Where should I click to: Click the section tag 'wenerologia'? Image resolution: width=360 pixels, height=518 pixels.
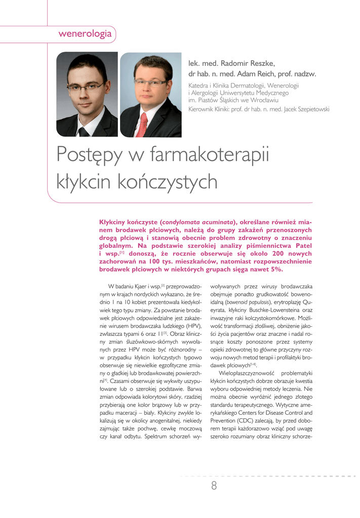pyautogui.click(x=85, y=34)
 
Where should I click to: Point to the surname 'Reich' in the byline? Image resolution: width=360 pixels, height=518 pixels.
pyautogui.click(x=273, y=74)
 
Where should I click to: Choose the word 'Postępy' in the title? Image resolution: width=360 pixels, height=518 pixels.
pyautogui.click(x=90, y=155)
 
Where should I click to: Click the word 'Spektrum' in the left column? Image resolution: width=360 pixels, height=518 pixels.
pyautogui.click(x=157, y=437)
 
